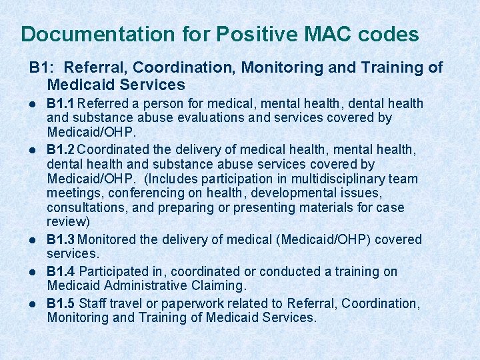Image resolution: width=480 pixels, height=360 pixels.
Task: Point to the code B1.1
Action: (61, 103)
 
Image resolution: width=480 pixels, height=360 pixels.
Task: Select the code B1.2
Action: (61, 149)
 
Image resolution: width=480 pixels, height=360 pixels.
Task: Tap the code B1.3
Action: (61, 239)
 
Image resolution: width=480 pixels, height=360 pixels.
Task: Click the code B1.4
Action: (61, 271)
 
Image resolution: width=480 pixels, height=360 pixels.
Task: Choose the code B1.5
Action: (61, 303)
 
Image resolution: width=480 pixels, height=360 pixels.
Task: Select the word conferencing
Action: (137, 193)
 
